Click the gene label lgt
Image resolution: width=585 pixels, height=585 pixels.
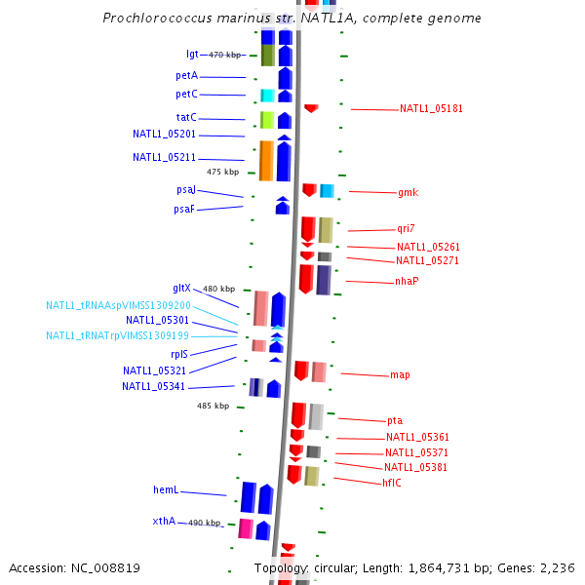point(192,55)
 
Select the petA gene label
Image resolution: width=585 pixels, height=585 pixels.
point(186,75)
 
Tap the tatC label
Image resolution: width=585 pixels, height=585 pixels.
point(186,117)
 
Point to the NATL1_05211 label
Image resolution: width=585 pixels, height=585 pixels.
point(164,157)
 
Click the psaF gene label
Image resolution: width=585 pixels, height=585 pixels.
point(184,209)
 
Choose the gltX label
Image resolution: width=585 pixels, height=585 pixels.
point(182,288)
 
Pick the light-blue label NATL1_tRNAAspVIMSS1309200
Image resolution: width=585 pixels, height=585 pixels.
point(118,305)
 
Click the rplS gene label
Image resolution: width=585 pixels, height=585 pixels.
point(179,355)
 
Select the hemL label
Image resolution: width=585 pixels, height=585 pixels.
point(165,490)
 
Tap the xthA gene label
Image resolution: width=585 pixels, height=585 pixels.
point(164,521)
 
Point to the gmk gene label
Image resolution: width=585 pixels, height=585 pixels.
point(408,192)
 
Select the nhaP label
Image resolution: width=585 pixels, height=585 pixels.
point(407,281)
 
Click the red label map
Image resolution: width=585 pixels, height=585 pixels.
point(400,374)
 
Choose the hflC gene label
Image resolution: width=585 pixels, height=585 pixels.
point(392,483)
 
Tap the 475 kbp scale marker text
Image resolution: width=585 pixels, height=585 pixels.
point(222,172)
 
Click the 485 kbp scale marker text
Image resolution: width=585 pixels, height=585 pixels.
point(213,406)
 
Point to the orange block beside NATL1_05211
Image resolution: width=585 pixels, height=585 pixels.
point(265,161)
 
